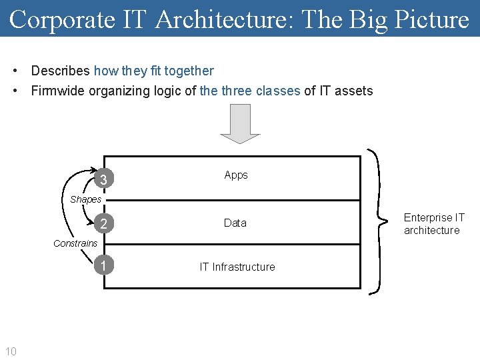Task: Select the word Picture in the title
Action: click(431, 19)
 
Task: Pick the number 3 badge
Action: click(103, 180)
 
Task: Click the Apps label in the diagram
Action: click(236, 175)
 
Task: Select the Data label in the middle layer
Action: click(235, 223)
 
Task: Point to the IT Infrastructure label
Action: click(237, 267)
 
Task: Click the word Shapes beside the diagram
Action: click(86, 199)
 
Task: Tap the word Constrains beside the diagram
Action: click(75, 243)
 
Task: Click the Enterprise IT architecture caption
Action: click(434, 224)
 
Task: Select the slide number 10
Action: click(11, 351)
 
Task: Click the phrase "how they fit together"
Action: click(154, 71)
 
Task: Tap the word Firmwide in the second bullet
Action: click(59, 91)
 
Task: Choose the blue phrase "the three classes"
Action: click(250, 91)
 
